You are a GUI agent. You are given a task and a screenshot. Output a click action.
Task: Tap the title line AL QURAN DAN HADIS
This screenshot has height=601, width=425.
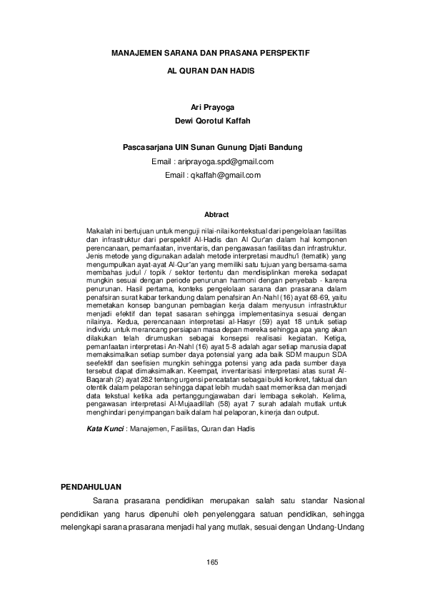click(x=211, y=72)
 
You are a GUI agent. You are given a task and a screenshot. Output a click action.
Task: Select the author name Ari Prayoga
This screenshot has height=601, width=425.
click(x=212, y=106)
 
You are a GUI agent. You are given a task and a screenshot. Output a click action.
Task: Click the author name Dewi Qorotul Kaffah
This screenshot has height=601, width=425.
click(x=212, y=121)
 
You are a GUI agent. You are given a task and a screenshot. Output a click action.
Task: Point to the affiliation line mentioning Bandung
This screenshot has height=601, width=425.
click(x=212, y=148)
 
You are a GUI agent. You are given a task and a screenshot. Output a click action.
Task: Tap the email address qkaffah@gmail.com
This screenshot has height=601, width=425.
click(x=223, y=175)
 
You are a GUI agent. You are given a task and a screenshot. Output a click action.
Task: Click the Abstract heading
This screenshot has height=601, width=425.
click(x=216, y=214)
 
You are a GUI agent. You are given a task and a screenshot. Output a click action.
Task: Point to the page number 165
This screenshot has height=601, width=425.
click(x=212, y=564)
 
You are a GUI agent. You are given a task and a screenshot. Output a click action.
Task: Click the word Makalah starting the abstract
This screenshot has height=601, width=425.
click(x=99, y=233)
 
